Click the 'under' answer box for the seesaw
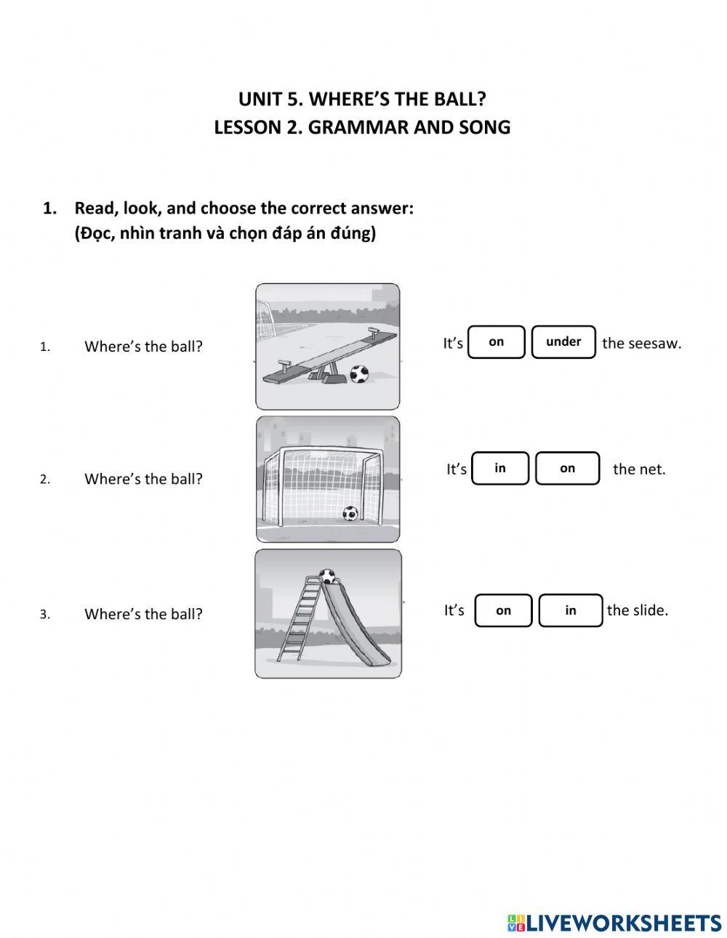pyautogui.click(x=563, y=342)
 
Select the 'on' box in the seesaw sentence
pyautogui.click(x=496, y=342)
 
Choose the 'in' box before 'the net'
pyautogui.click(x=500, y=469)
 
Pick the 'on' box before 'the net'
pyautogui.click(x=567, y=469)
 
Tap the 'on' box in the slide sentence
pyautogui.click(x=503, y=610)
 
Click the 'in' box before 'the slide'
pyautogui.click(x=571, y=610)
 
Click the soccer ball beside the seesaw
pyautogui.click(x=359, y=374)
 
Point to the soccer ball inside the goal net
pyautogui.click(x=350, y=514)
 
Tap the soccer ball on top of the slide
pyautogui.click(x=328, y=576)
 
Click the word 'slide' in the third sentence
pyautogui.click(x=651, y=610)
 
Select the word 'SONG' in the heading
pyautogui.click(x=485, y=127)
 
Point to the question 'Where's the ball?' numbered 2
pyautogui.click(x=143, y=479)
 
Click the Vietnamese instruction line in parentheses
pyautogui.click(x=225, y=234)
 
